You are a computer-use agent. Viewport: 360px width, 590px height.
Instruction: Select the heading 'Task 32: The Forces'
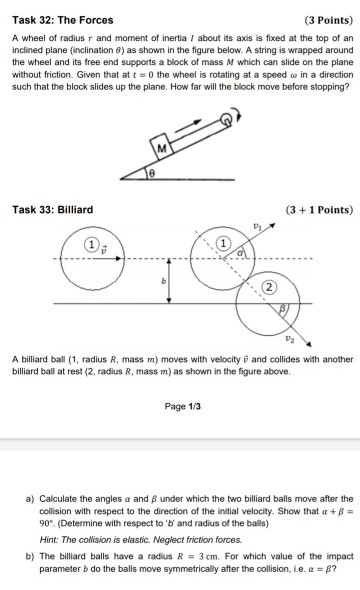point(61,20)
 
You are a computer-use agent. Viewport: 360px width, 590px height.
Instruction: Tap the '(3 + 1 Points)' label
point(313,210)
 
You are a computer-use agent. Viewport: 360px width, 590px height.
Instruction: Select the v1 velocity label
point(257,227)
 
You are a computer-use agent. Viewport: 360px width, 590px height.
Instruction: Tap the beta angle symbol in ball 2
point(283,309)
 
